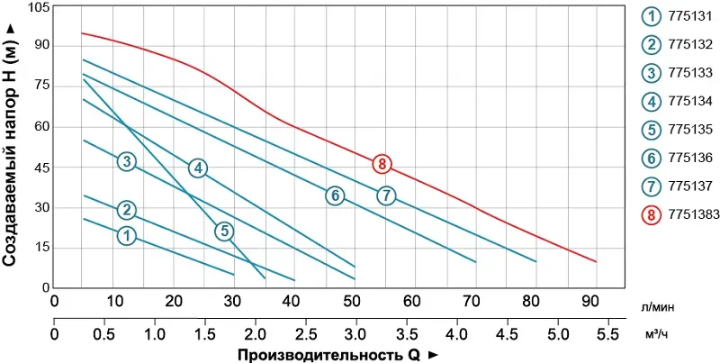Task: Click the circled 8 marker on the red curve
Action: [x=382, y=164]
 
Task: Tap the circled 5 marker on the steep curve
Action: [x=224, y=231]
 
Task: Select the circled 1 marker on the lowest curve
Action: [x=127, y=235]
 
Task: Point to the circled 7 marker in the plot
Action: [x=386, y=195]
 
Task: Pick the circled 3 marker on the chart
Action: [x=127, y=162]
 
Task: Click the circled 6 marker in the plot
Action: [x=334, y=195]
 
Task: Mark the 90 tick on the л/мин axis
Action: [x=594, y=300]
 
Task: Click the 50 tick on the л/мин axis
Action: [x=355, y=300]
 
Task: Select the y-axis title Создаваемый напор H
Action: [x=11, y=144]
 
